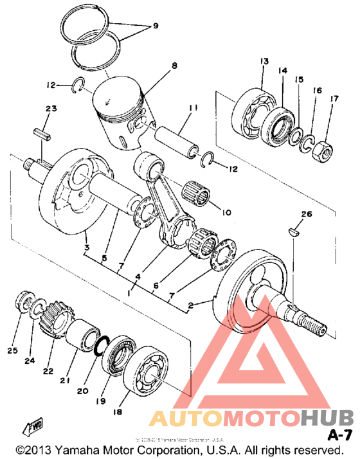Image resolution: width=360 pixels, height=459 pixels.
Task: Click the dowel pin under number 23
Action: (x=41, y=137)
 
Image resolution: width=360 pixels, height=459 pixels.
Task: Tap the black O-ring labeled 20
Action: (x=100, y=345)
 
